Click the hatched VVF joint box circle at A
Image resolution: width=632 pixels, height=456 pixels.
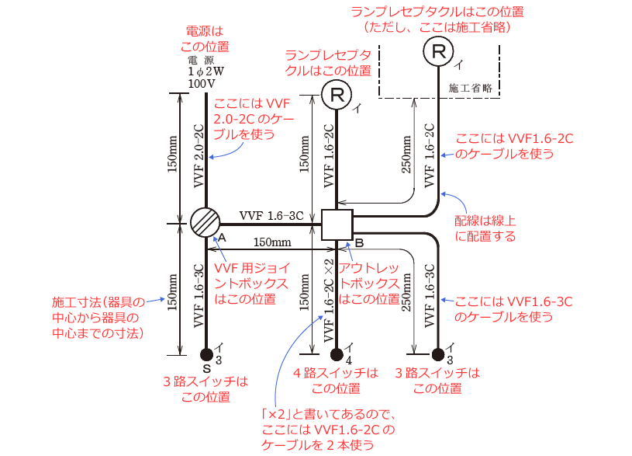(x=205, y=224)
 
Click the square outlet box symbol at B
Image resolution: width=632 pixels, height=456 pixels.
(x=337, y=225)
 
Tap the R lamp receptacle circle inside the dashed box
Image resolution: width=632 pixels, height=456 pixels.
(x=439, y=52)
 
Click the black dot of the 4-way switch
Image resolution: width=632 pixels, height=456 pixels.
(x=337, y=355)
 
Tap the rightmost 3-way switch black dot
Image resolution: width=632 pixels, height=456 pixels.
(x=438, y=355)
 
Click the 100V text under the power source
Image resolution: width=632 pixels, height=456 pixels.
(x=202, y=82)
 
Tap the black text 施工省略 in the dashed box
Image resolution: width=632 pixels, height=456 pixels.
(x=471, y=88)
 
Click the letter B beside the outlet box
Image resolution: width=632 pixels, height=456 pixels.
(x=359, y=242)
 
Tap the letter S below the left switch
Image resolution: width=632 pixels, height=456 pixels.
(x=202, y=368)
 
